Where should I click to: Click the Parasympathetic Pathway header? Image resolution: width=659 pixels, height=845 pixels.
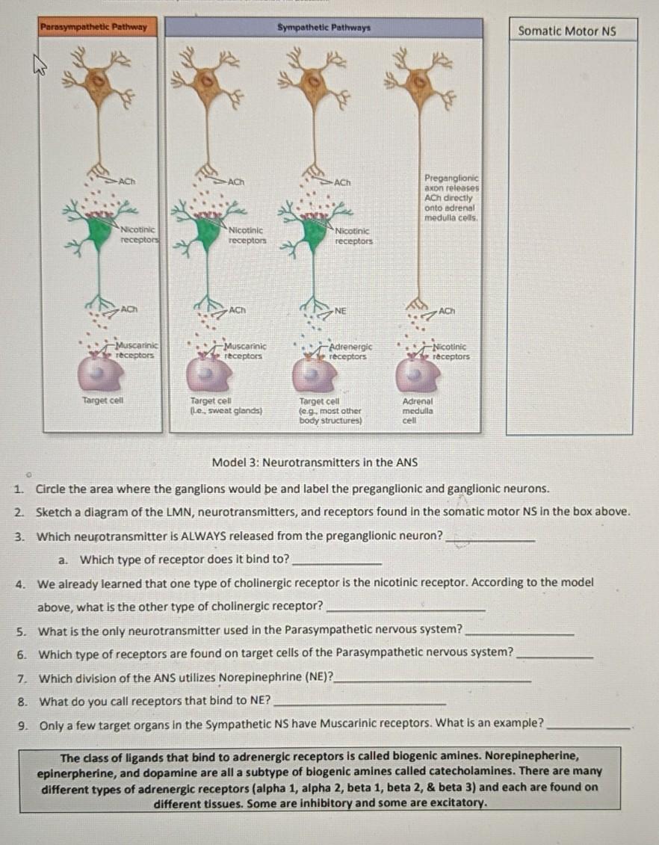tap(99, 28)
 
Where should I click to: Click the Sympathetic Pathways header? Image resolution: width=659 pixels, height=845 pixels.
tap(324, 28)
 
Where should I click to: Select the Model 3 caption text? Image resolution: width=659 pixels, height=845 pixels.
tap(315, 462)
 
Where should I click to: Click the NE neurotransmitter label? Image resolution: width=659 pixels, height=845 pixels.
tap(341, 309)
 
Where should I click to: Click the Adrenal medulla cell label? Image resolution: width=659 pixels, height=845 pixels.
tap(418, 410)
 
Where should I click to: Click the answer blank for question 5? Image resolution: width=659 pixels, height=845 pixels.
tap(519, 633)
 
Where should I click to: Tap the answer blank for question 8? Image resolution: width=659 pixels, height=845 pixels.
tap(360, 703)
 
